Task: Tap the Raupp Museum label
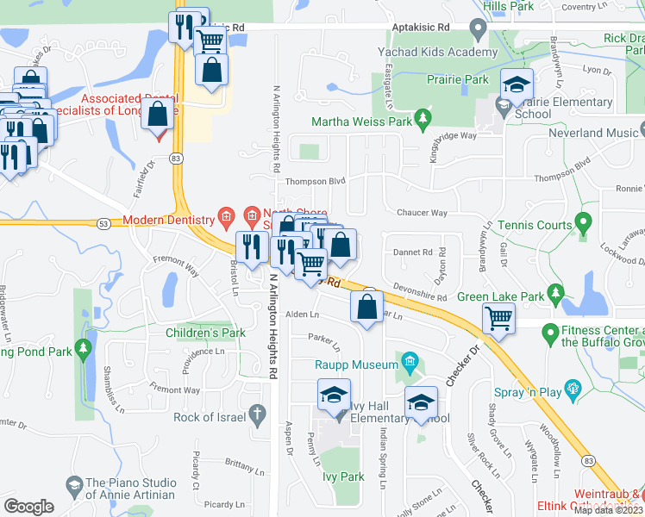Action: coord(355,365)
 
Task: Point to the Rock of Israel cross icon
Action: coord(256,416)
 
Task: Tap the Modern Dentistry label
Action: coord(167,221)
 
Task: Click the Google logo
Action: coord(28,506)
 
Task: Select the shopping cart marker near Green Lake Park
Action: coord(499,319)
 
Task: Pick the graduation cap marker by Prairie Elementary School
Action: coord(517,86)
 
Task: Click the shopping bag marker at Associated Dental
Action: coord(158,113)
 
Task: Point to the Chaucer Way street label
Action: coord(421,213)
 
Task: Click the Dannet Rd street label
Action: coord(411,252)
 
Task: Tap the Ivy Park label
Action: coord(341,477)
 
